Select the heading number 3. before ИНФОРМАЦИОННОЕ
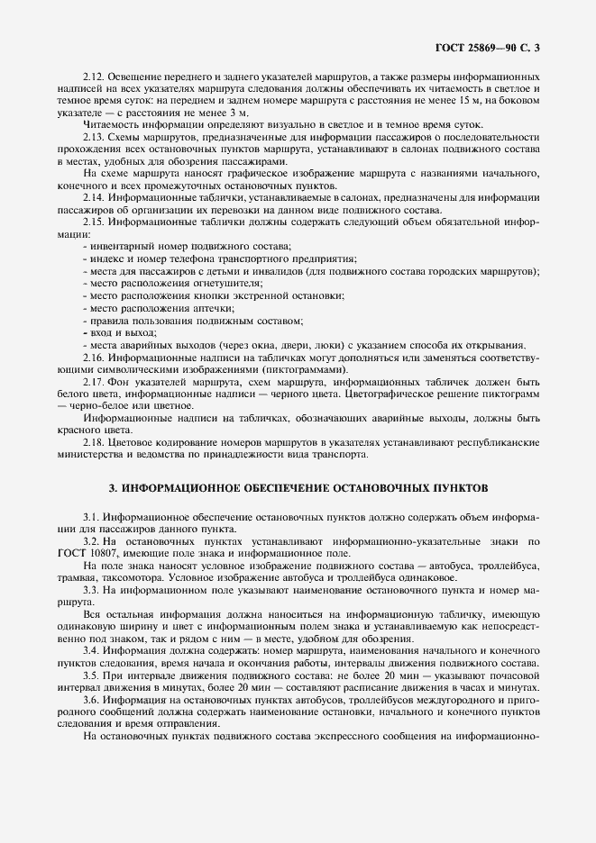pos(112,487)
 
